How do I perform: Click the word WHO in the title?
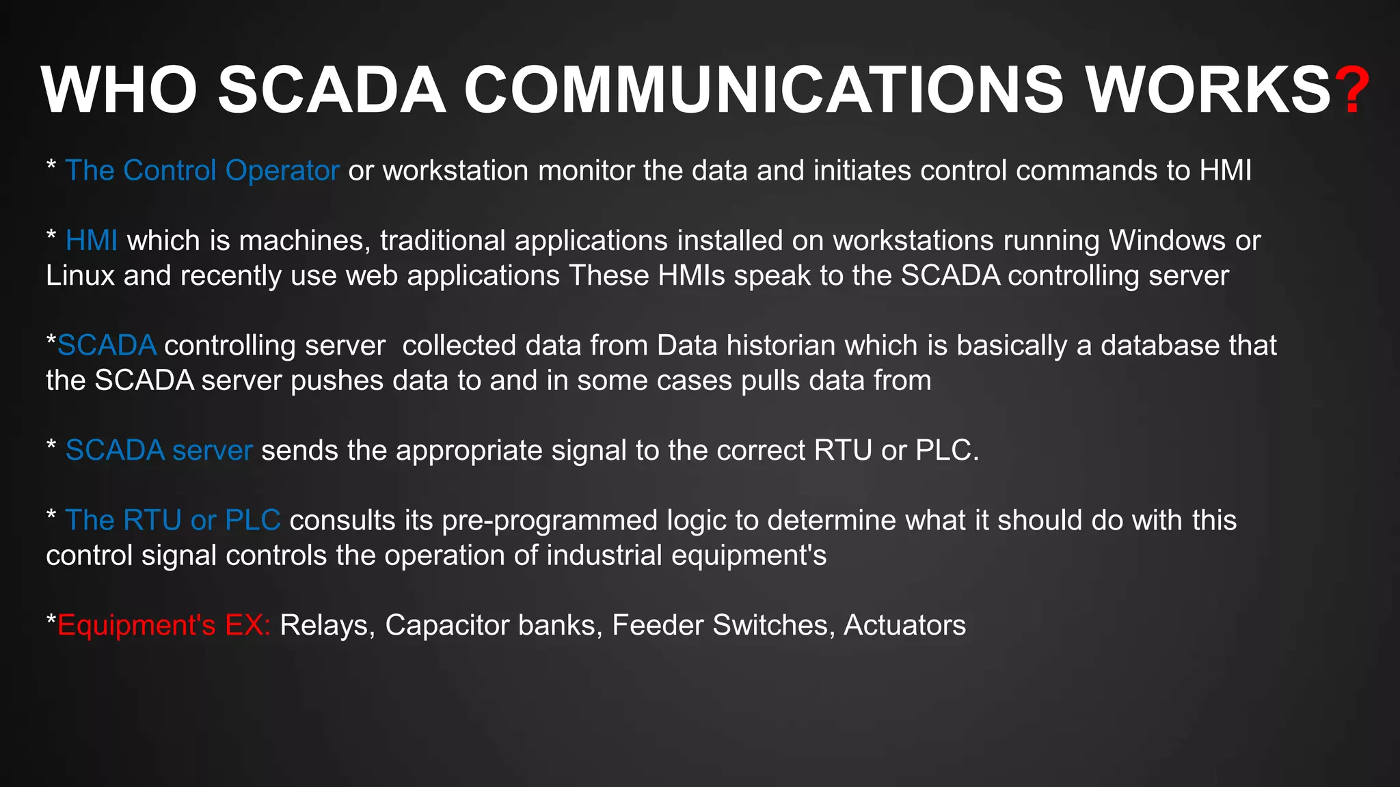tap(120, 90)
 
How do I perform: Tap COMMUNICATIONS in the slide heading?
tap(764, 90)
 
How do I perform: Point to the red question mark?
tap(1353, 90)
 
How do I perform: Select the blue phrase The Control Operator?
tap(202, 171)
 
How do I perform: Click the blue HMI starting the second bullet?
tap(91, 240)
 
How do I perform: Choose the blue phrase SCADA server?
tap(159, 451)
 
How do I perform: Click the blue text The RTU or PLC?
tap(172, 521)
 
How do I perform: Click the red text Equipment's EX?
tap(164, 625)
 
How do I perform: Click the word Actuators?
tap(904, 625)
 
